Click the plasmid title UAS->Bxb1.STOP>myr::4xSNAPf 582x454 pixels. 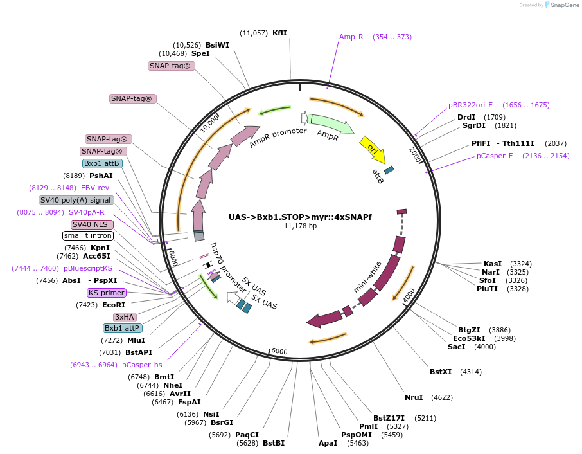[x=300, y=217]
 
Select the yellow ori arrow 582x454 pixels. [x=373, y=149]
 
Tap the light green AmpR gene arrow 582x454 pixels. [x=330, y=124]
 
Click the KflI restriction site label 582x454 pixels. [x=279, y=33]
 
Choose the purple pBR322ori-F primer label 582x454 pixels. [x=470, y=105]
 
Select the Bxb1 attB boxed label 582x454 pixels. [x=102, y=163]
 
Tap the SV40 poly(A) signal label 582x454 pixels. [x=76, y=200]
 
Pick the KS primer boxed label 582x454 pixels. [x=107, y=293]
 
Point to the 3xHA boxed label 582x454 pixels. [x=125, y=317]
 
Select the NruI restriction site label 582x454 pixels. [x=414, y=397]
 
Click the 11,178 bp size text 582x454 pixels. [x=300, y=226]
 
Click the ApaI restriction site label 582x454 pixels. [x=328, y=443]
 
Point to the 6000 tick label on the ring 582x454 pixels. [x=279, y=350]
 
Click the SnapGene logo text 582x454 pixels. [x=563, y=5]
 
